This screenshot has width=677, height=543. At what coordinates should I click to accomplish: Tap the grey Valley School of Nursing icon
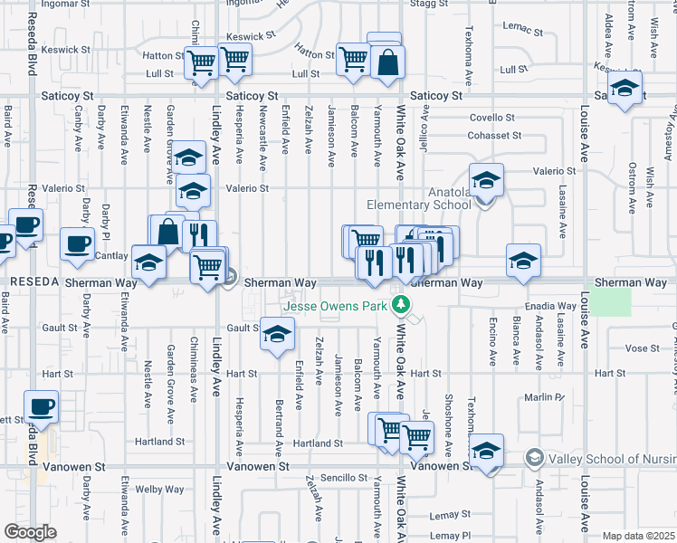coord(535,459)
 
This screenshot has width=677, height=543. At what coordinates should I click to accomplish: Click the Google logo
coord(30,532)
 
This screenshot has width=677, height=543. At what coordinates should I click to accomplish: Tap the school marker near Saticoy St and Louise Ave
coord(624,89)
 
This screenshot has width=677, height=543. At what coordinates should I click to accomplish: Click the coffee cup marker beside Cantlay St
coord(77,243)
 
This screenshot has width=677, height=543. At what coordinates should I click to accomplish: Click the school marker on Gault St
coord(277,333)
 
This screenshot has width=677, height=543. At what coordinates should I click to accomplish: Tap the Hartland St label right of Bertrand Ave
coord(319,443)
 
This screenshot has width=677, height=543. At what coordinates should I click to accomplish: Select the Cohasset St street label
coord(494,136)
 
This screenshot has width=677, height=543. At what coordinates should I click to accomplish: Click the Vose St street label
coord(642,348)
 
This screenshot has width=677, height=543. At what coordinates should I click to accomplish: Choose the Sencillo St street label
coord(342,477)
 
